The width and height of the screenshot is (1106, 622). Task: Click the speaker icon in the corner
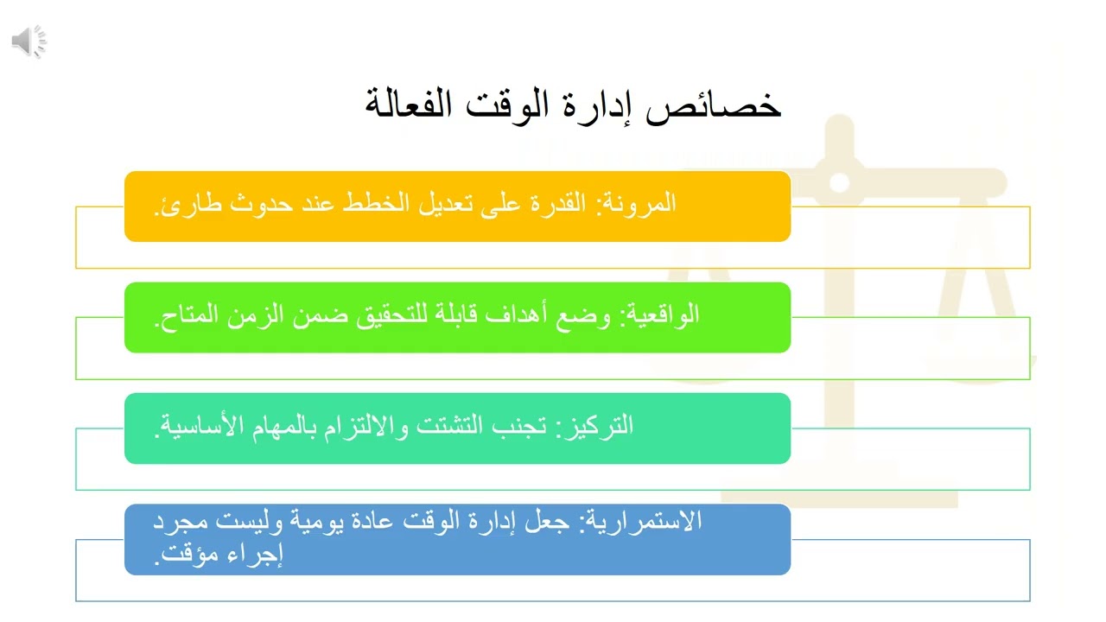coord(29,41)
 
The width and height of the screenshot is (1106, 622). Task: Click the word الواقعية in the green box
coord(659,315)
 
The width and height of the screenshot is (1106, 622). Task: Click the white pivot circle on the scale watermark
coord(839,182)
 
